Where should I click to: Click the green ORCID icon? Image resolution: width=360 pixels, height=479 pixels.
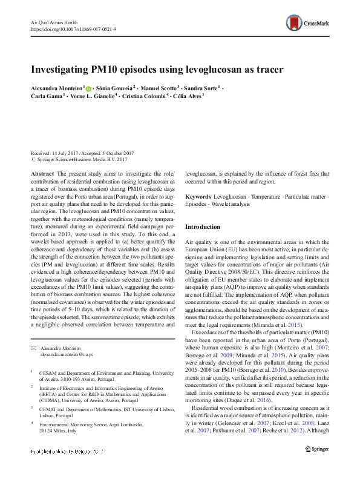point(89,88)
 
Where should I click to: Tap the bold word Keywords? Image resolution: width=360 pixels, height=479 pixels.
point(198,197)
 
